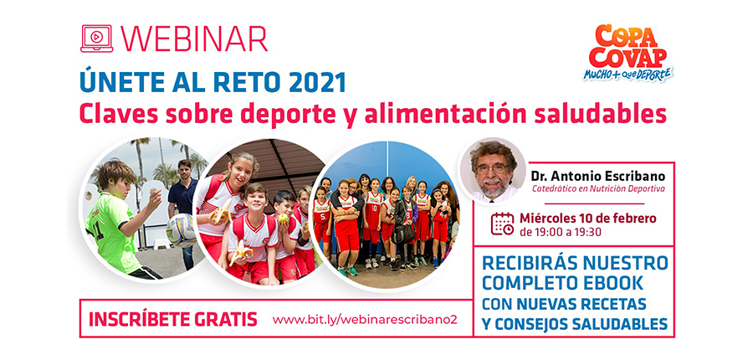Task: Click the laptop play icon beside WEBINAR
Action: tap(96, 39)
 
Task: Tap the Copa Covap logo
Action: tap(628, 53)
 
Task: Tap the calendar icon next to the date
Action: tap(502, 224)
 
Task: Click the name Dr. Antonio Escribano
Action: tap(598, 176)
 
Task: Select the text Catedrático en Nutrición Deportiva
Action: tap(598, 189)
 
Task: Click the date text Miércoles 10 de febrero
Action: tap(588, 219)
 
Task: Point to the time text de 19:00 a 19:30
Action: tap(560, 232)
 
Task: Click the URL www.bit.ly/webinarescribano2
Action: tap(365, 320)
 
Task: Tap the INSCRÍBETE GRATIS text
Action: tap(173, 320)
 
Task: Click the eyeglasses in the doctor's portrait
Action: tap(492, 168)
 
